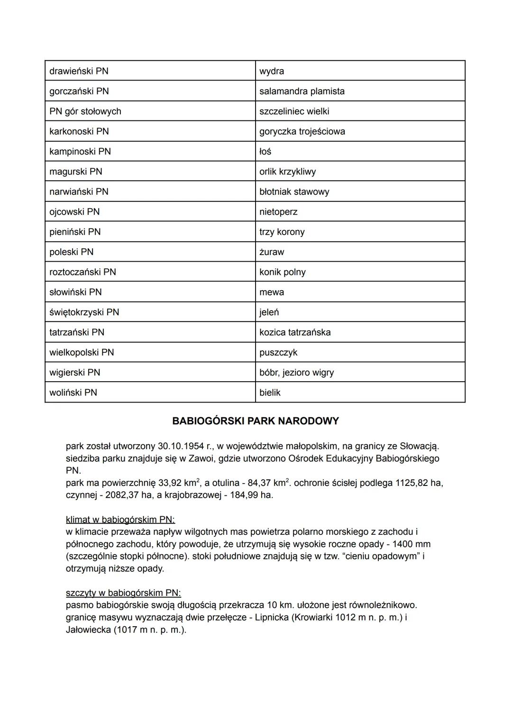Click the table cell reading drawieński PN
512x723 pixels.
pyautogui.click(x=79, y=71)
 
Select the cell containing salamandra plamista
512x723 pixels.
pyautogui.click(x=302, y=91)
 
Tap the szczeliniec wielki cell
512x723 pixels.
pyautogui.click(x=294, y=111)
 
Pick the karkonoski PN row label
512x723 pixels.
pyautogui.click(x=79, y=131)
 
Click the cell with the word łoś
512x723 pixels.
pyautogui.click(x=265, y=152)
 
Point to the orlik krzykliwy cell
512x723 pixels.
pyautogui.click(x=287, y=172)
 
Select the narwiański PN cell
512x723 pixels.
pyautogui.click(x=79, y=192)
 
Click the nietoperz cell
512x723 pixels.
pyautogui.click(x=278, y=212)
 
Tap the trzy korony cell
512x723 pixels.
pyautogui.click(x=282, y=232)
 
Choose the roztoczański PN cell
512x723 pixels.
pyautogui.click(x=82, y=272)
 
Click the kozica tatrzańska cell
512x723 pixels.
pyautogui.click(x=295, y=332)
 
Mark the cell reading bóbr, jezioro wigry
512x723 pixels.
pyautogui.click(x=296, y=373)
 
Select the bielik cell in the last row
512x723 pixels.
pyautogui.click(x=270, y=393)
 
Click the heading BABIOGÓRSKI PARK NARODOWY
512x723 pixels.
pyautogui.click(x=256, y=421)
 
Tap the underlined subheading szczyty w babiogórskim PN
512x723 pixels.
pyautogui.click(x=123, y=593)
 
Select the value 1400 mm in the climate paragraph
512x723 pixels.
pyautogui.click(x=411, y=544)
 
